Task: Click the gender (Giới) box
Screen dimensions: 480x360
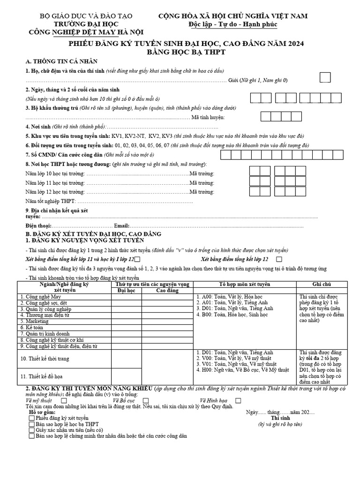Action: point(325,78)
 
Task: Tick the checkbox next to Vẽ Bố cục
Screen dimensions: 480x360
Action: point(146,401)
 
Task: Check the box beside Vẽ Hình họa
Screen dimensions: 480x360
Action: point(239,401)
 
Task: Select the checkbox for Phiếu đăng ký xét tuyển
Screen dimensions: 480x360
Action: point(31,418)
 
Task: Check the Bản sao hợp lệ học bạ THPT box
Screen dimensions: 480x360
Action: point(31,424)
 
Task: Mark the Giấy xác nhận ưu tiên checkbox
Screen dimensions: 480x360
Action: point(31,430)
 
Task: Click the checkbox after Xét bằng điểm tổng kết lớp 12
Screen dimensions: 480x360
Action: point(279,259)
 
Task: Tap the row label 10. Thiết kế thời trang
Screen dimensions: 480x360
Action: point(44,359)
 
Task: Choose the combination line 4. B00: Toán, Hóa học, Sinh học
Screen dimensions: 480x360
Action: point(232,315)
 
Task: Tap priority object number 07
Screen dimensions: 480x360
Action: point(165,145)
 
